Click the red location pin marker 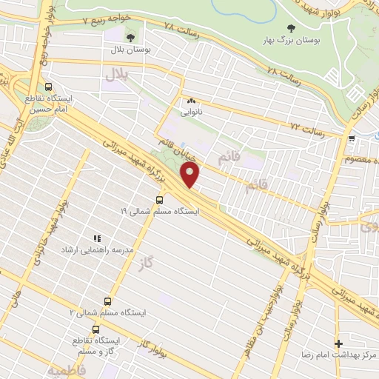(191, 175)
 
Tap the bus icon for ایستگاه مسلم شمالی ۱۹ (160, 199)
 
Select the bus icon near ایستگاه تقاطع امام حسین (48, 86)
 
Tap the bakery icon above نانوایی (191, 101)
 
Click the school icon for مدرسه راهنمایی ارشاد (96, 238)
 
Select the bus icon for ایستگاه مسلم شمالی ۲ (108, 301)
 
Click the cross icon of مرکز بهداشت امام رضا (339, 343)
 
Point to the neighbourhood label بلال (116, 75)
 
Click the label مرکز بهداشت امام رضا (340, 355)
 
